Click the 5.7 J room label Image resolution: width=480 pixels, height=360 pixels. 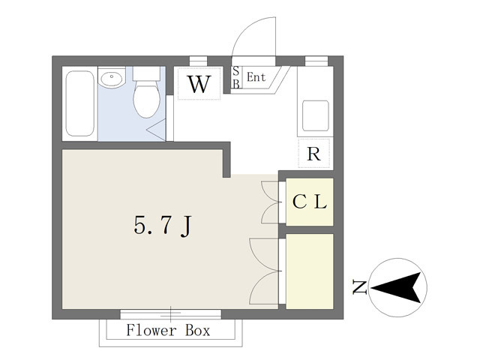pyautogui.click(x=163, y=226)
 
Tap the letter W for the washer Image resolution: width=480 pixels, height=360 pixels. pyautogui.click(x=199, y=84)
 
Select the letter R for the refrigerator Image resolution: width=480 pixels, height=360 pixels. pyautogui.click(x=313, y=154)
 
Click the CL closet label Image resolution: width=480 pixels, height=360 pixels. pyautogui.click(x=310, y=202)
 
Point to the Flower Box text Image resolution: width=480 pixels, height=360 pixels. pyautogui.click(x=168, y=330)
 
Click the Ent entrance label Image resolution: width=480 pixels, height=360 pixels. pyautogui.click(x=256, y=77)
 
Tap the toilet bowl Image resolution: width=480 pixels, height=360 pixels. pyautogui.click(x=147, y=100)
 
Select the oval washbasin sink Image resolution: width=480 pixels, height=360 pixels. pyautogui.click(x=112, y=79)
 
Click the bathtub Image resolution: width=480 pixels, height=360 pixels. pyautogui.click(x=80, y=103)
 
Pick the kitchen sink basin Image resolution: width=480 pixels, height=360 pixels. pyautogui.click(x=316, y=115)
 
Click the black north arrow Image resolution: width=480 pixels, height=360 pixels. pyautogui.click(x=397, y=287)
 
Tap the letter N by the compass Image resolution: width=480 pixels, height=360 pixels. pyautogui.click(x=359, y=286)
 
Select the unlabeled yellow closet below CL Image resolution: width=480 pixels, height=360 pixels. pyautogui.click(x=310, y=271)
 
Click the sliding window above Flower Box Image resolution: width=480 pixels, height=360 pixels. pyautogui.click(x=170, y=314)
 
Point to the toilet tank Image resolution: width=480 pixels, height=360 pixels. pyautogui.click(x=147, y=73)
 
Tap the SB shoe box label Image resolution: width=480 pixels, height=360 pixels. pyautogui.click(x=235, y=77)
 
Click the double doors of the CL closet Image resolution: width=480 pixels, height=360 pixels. pyautogui.click(x=271, y=202)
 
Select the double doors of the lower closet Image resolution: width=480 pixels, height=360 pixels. pyautogui.click(x=265, y=271)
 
